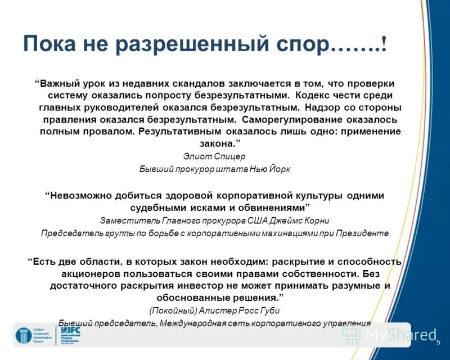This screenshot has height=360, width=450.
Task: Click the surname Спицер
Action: [232, 156]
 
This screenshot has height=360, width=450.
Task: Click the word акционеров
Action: [87, 273]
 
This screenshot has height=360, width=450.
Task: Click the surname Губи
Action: [268, 310]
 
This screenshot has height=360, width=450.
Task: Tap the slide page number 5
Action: [438, 343]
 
